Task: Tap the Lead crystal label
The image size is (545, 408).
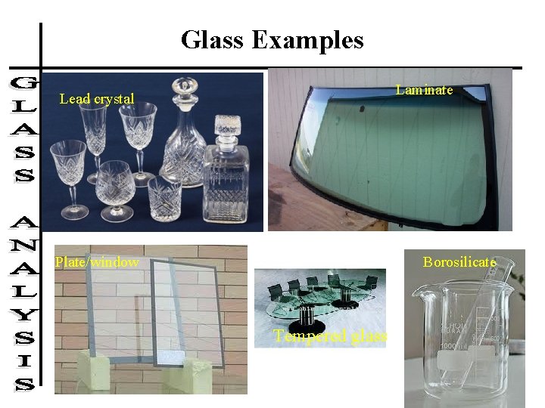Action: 97,98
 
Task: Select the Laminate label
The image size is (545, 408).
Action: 424,90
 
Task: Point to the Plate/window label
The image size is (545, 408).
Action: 96,262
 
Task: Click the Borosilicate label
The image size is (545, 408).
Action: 459,262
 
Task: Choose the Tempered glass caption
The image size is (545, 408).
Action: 330,336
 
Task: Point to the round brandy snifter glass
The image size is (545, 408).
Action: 115,181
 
